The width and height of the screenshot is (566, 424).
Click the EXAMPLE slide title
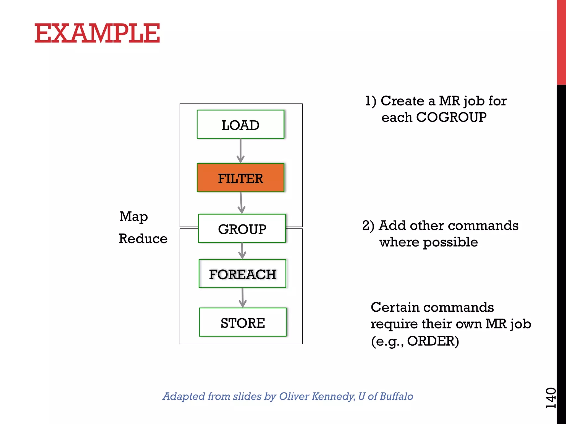97,33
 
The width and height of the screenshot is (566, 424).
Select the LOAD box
240,124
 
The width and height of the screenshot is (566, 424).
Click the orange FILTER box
240,178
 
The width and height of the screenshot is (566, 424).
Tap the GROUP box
242,229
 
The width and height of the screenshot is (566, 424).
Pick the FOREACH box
242,274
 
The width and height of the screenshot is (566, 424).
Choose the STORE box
243,322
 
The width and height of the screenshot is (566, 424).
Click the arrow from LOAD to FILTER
240,151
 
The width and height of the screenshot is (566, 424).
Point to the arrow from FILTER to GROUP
241,203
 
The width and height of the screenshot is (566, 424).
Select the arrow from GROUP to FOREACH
242,251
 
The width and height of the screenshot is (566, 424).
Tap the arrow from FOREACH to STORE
242,298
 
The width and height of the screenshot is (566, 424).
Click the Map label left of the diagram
133,217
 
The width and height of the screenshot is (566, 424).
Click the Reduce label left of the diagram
143,239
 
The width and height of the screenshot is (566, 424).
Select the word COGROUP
451,117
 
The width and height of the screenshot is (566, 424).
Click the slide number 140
551,398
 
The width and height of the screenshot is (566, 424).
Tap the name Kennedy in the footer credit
333,396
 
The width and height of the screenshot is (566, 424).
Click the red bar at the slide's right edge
561,41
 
